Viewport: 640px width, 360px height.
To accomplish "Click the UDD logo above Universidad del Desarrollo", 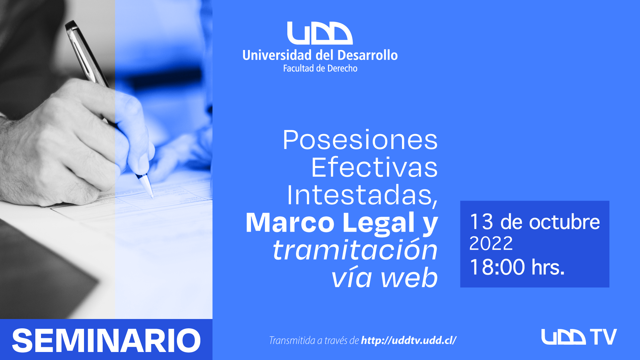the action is coord(320,33).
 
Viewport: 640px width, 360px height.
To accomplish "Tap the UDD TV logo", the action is coord(579,337).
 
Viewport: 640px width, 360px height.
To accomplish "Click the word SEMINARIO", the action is coord(106,340).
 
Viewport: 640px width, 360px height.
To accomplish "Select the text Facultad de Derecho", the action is coord(320,68).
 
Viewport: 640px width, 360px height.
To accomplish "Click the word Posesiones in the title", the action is coord(360,140).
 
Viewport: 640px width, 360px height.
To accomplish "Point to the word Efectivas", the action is coord(374,167).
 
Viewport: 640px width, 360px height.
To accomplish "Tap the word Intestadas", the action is coord(362,196).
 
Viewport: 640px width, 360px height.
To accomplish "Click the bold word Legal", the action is coord(379,223).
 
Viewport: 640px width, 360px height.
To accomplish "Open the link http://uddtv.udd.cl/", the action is coord(409,340).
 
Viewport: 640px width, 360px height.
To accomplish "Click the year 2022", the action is coord(491,243).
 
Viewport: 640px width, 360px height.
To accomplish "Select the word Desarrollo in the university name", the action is coord(367,55).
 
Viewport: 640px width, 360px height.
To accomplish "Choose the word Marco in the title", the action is coord(290,223).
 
